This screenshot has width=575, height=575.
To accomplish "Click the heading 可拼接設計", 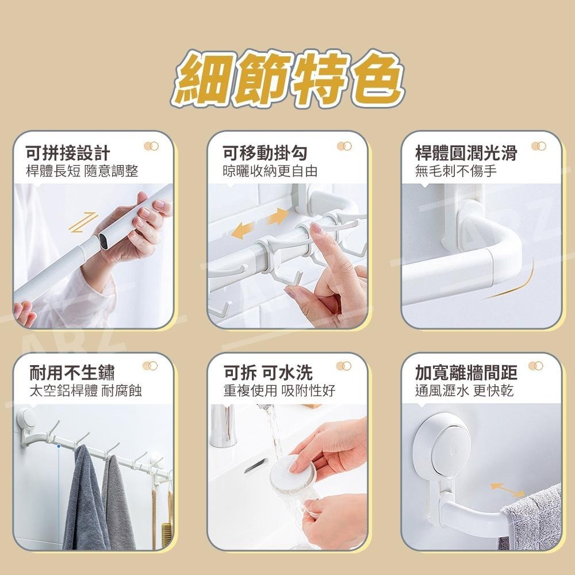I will click(68, 153).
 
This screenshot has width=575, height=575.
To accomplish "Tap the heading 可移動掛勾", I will click(265, 153).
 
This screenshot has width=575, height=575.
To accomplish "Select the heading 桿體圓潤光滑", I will click(466, 153).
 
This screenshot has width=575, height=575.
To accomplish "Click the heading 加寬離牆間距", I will click(466, 373).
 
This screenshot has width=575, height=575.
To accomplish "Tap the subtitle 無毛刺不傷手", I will click(456, 171).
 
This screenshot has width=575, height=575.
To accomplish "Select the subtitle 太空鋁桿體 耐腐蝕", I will click(85, 392).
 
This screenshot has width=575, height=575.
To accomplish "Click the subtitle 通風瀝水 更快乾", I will click(464, 392).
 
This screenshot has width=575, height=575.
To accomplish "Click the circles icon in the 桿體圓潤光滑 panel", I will click(538, 147).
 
